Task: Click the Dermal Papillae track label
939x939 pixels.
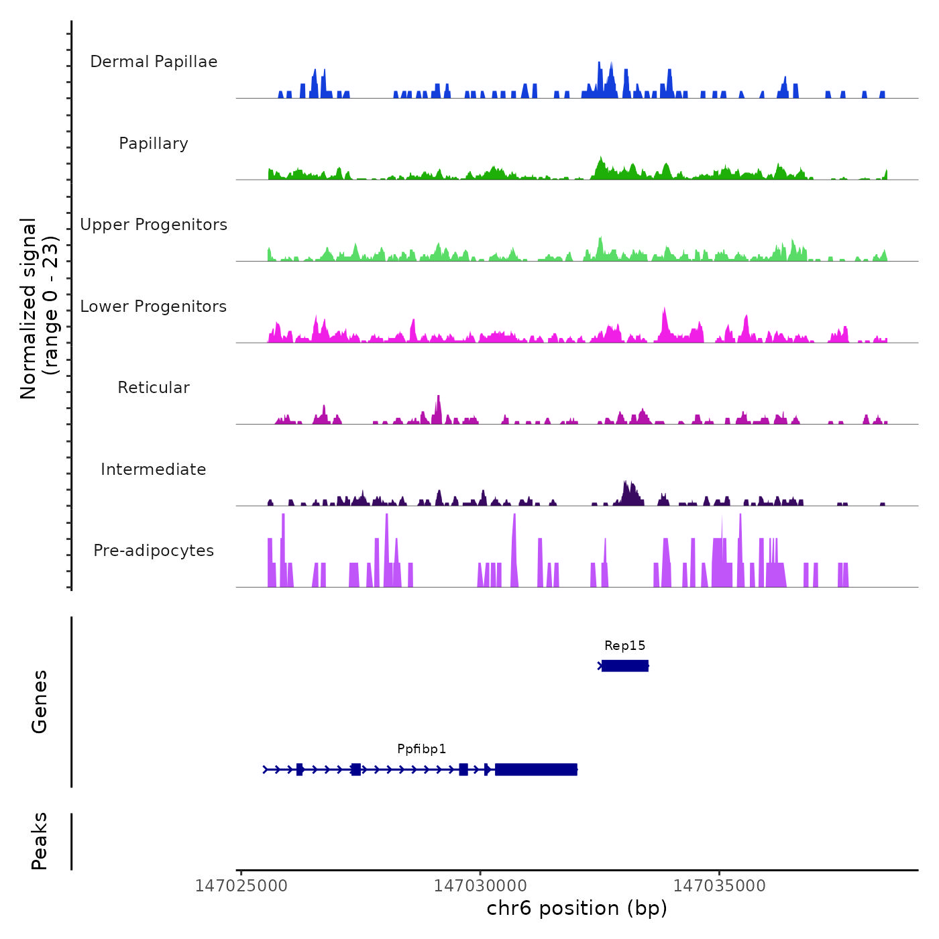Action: coord(154,62)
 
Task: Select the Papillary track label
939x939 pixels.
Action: coord(154,144)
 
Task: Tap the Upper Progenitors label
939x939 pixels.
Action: coord(154,225)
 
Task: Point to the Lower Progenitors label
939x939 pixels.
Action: coord(154,307)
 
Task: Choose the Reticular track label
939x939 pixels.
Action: coord(154,388)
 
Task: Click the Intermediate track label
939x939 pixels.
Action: coord(154,469)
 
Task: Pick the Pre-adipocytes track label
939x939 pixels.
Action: coord(154,551)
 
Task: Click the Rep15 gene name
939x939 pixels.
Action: coord(624,646)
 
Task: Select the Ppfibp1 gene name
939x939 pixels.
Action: coord(421,749)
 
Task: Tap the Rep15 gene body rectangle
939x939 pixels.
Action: coord(625,666)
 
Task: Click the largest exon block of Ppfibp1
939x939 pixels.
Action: coord(536,769)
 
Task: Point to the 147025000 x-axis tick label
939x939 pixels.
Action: coord(241,886)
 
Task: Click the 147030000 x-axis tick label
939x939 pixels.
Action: coord(480,886)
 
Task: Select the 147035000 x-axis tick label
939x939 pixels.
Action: coord(719,886)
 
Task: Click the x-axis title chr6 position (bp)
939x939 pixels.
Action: coord(577,908)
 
